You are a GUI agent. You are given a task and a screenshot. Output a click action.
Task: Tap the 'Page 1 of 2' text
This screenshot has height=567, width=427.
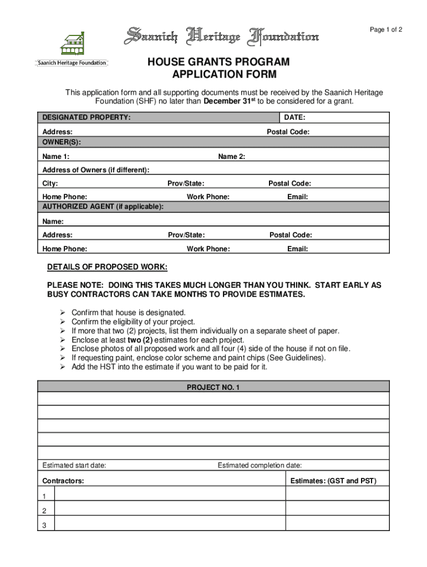(x=386, y=30)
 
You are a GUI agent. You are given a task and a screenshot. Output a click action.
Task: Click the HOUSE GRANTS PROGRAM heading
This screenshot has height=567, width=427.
(x=218, y=63)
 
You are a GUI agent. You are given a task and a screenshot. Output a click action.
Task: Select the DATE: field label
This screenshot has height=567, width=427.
(x=294, y=118)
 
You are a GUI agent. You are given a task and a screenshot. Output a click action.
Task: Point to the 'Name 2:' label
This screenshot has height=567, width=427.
(x=231, y=157)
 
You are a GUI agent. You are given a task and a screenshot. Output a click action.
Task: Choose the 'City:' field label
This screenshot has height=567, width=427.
(x=50, y=183)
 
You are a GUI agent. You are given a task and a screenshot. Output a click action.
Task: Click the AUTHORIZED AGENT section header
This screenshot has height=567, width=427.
(x=103, y=207)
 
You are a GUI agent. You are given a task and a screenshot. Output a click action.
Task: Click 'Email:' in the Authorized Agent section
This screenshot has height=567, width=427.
(x=297, y=249)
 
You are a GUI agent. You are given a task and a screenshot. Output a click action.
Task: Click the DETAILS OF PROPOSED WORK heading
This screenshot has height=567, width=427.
(x=107, y=267)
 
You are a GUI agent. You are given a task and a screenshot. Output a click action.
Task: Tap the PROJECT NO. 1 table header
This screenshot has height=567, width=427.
(x=213, y=388)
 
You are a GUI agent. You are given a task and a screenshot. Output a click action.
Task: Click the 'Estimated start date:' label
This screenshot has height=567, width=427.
(x=74, y=465)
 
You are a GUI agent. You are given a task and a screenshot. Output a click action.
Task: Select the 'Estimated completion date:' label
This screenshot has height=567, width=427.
(x=260, y=465)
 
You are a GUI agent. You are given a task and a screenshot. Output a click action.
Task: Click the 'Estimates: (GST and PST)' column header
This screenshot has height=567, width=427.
(x=333, y=481)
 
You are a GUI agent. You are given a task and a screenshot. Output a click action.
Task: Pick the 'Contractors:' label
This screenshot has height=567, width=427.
(x=63, y=481)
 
